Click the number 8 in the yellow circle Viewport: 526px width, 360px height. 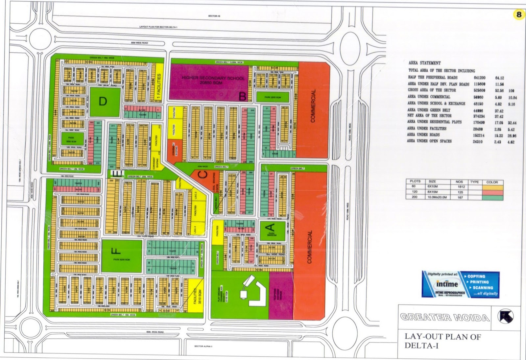point(519,14)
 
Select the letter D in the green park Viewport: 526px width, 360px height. point(103,101)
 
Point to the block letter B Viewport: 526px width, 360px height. point(242,97)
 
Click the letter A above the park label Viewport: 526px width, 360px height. point(270,227)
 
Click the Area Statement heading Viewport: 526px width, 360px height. point(424,63)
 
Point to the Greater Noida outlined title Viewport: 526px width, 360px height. point(445,317)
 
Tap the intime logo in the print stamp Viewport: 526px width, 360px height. point(447,284)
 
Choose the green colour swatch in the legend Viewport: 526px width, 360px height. point(492,198)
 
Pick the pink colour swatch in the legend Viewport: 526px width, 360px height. point(492,192)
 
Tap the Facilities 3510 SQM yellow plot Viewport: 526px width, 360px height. point(197,296)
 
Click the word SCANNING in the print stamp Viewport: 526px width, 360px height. point(483,288)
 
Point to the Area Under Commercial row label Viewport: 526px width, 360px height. point(429,97)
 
